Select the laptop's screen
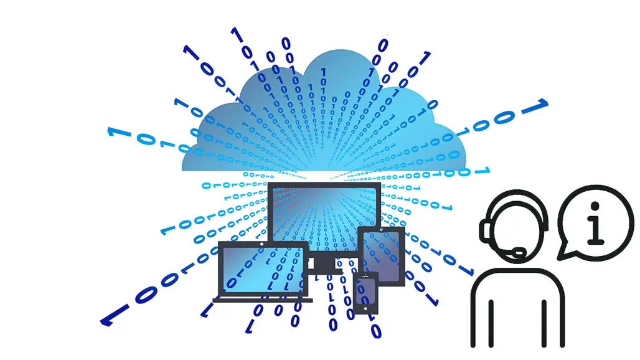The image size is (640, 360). (x=262, y=269)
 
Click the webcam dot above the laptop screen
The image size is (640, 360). (x=263, y=244)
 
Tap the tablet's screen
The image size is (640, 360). (x=381, y=253)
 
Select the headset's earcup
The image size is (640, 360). (x=485, y=230)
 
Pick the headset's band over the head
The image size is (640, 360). (x=517, y=194)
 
